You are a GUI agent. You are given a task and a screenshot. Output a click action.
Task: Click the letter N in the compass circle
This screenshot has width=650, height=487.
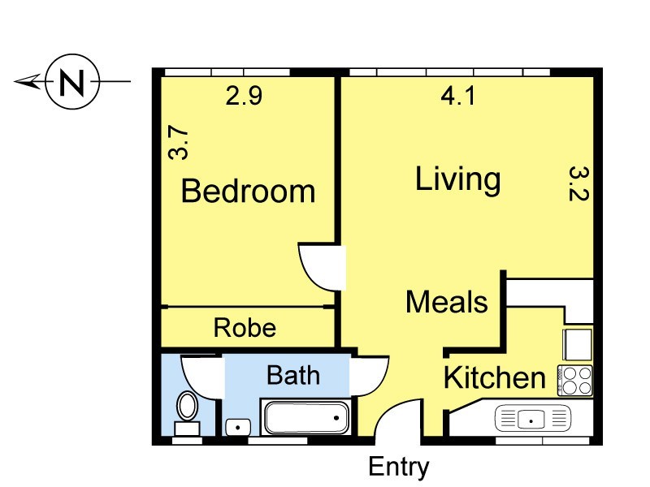point(72,82)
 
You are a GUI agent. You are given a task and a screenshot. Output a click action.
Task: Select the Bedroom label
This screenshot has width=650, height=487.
point(249,191)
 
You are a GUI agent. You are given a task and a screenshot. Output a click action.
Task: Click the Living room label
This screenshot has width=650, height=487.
point(458,179)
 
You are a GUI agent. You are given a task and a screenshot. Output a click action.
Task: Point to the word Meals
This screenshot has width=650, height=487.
point(447,302)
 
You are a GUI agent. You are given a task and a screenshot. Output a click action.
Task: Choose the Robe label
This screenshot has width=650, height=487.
point(245,328)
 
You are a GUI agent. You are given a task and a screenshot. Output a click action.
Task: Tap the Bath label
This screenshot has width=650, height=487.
point(293,375)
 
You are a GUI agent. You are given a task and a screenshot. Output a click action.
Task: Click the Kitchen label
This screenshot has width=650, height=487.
point(495,377)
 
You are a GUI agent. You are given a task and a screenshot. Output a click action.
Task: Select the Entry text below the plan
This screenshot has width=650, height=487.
point(399,468)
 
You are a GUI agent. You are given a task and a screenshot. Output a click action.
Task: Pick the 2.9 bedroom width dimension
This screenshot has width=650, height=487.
point(244,96)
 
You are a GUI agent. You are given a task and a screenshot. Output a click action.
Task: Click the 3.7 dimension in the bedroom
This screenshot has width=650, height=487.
point(179,143)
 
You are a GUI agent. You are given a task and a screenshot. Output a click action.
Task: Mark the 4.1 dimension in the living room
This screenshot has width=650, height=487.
point(457,96)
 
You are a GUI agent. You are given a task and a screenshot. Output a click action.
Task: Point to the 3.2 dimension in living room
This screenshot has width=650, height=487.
point(578,183)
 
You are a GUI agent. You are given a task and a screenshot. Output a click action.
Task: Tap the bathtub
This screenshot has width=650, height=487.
point(306,417)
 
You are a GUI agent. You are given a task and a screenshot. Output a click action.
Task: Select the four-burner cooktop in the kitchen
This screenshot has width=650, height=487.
point(575,381)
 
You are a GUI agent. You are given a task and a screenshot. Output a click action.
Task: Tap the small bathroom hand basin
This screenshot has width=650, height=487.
point(238,427)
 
